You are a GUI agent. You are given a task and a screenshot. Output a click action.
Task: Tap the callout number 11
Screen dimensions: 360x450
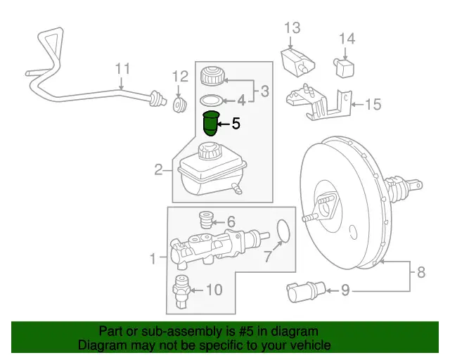tap(123, 69)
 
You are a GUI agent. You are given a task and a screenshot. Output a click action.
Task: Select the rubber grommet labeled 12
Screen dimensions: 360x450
tap(179, 105)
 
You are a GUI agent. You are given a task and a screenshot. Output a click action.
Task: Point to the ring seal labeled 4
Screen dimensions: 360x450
tap(212, 100)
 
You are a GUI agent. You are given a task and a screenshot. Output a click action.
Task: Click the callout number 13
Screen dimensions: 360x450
tap(292, 28)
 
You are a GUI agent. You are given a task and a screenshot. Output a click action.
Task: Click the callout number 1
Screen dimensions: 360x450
tap(155, 259)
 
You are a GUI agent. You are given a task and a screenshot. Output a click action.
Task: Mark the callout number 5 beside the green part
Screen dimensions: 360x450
tap(236, 124)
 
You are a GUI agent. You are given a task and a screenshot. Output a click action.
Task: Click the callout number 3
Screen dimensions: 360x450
tap(264, 90)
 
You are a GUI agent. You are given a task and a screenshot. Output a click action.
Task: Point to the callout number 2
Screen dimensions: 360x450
tap(159, 169)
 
